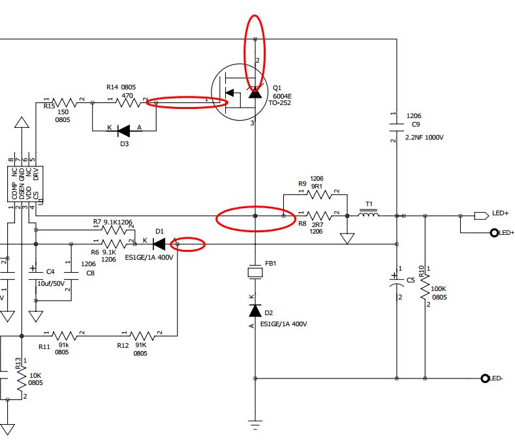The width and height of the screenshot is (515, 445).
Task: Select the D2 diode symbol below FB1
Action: click(255, 311)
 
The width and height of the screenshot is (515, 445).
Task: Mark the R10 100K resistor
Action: click(426, 286)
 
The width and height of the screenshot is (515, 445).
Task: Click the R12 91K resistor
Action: click(142, 335)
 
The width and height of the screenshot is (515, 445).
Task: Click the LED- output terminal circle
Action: click(485, 378)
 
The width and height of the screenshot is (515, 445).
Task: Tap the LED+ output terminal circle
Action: click(485, 232)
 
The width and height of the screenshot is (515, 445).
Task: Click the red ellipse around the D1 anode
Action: click(188, 245)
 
